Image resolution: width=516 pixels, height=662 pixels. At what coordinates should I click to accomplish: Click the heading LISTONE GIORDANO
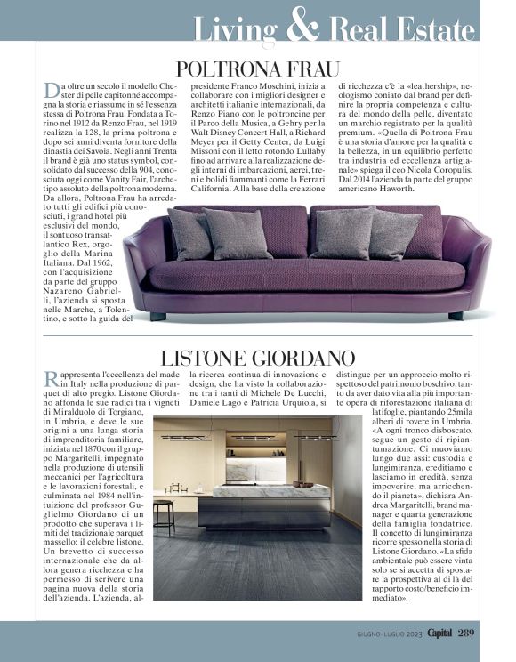[x=258, y=359]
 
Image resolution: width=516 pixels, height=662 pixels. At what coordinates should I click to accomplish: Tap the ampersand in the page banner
[x=303, y=28]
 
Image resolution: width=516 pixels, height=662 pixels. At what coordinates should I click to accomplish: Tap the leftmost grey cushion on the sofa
[x=189, y=234]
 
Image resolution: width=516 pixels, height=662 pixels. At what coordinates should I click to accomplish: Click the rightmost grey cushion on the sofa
[x=394, y=233]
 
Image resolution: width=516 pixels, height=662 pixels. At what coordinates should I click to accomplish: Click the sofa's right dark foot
[x=456, y=316]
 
